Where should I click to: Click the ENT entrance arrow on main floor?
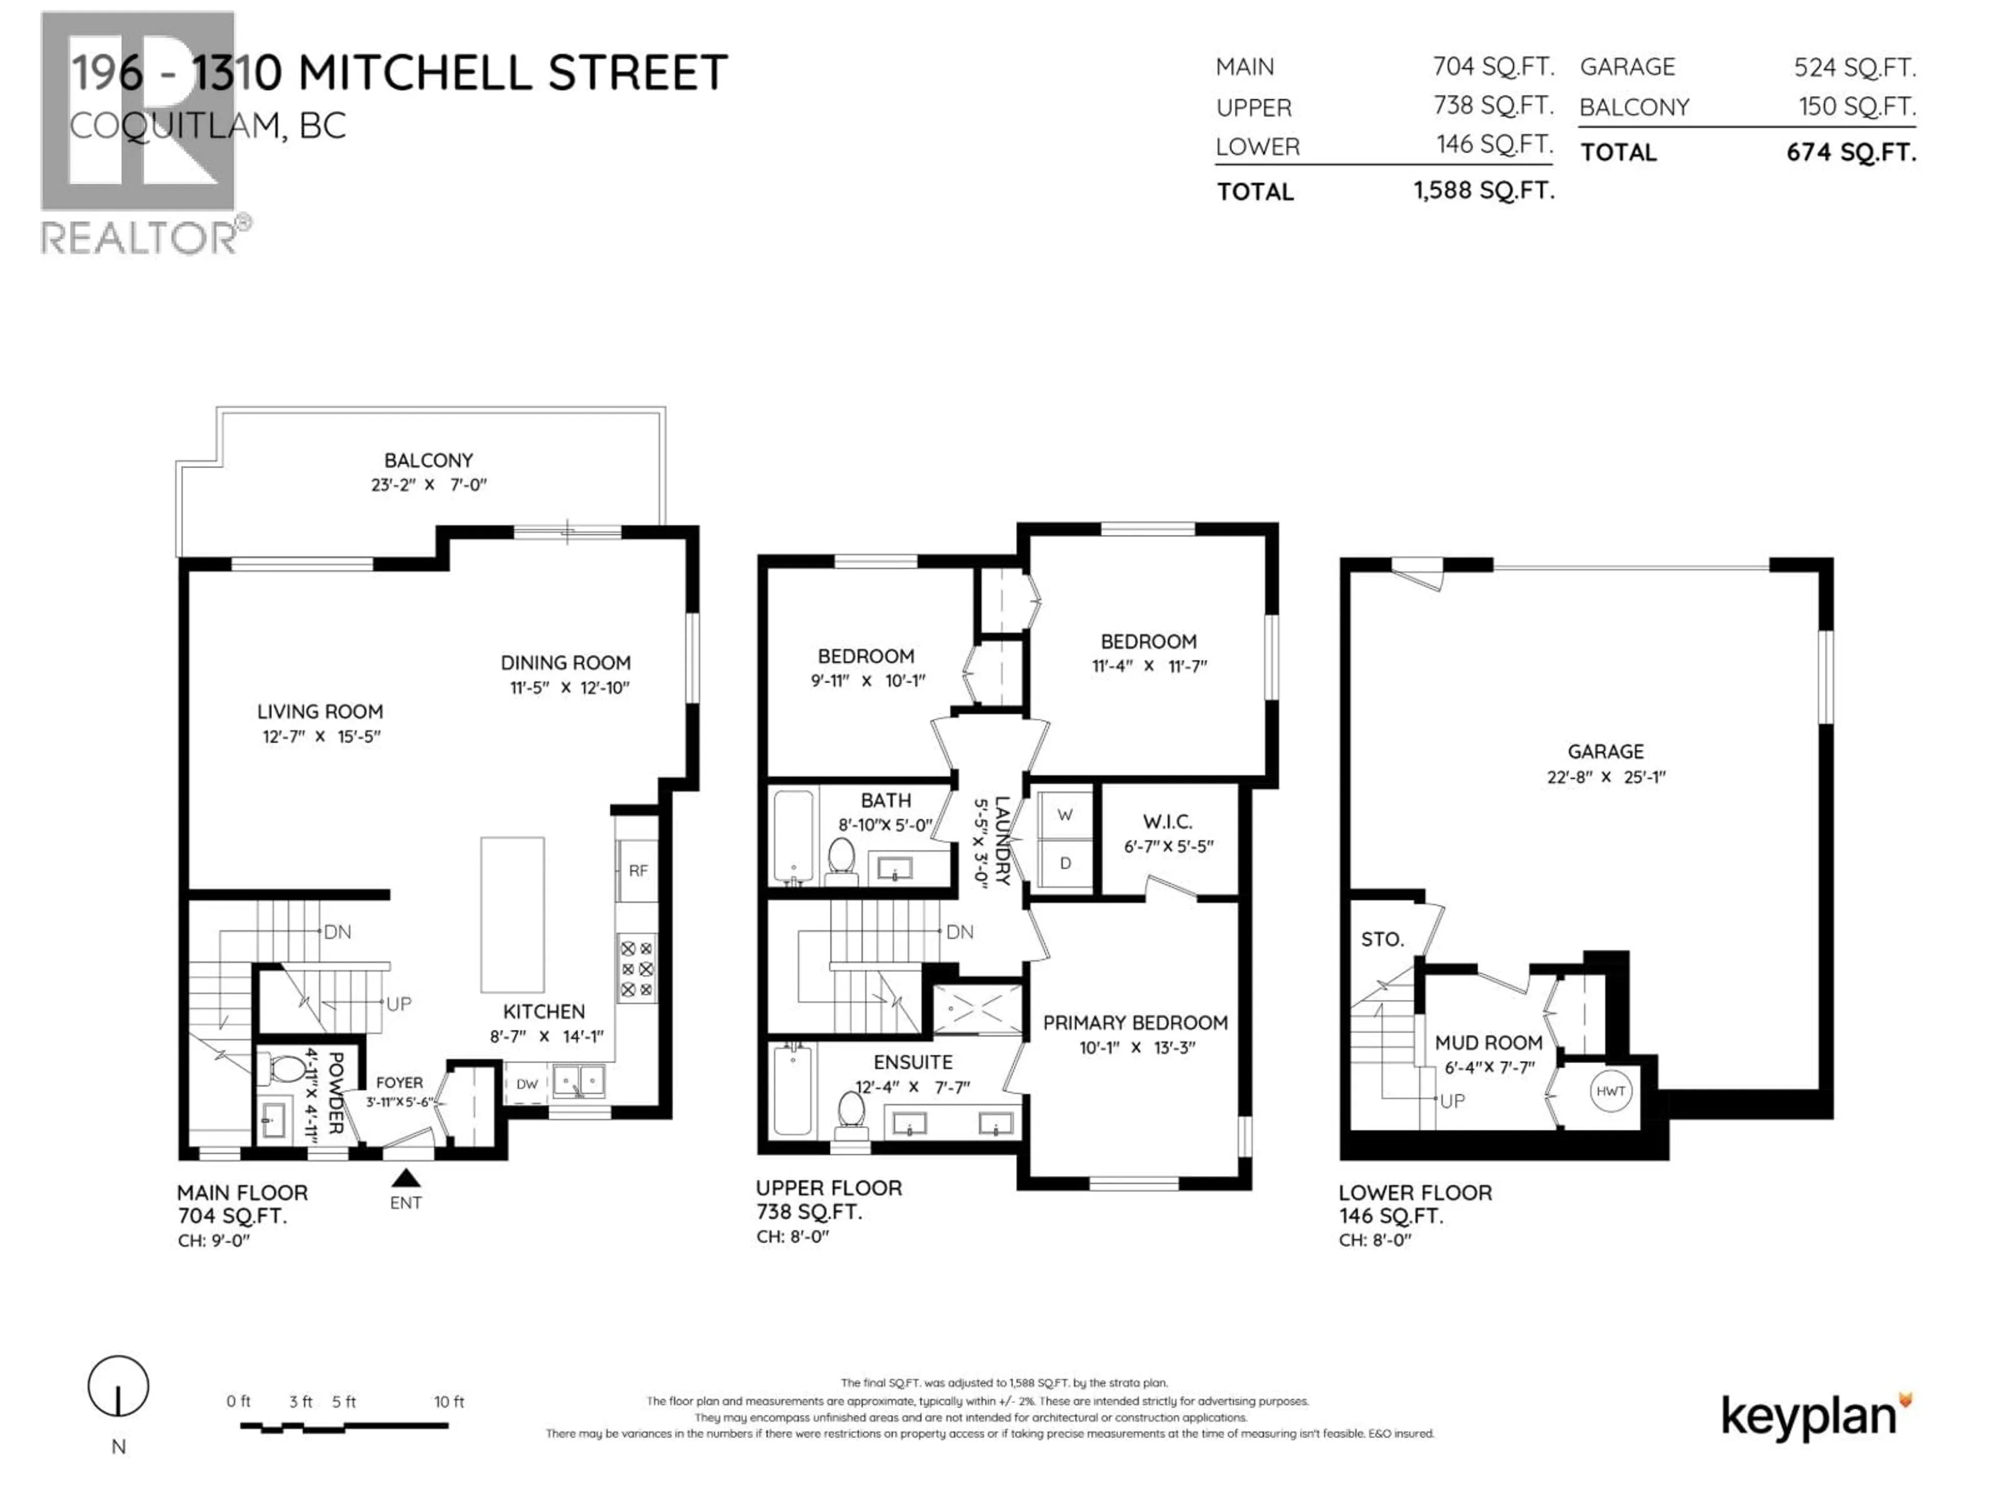(x=406, y=1177)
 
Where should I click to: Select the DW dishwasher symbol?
(x=526, y=1084)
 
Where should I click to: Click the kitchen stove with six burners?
(x=636, y=968)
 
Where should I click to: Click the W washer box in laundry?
(x=1065, y=815)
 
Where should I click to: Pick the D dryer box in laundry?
(x=1065, y=864)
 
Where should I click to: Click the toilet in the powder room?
(x=286, y=1070)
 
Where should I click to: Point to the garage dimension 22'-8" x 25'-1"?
(x=1606, y=777)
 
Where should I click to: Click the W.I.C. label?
(x=1167, y=822)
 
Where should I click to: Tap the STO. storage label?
(x=1382, y=940)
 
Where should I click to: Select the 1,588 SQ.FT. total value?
(x=1484, y=191)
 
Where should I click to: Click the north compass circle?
(x=118, y=1385)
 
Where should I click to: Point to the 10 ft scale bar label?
(x=448, y=1402)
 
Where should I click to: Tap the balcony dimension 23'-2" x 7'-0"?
(x=429, y=484)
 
